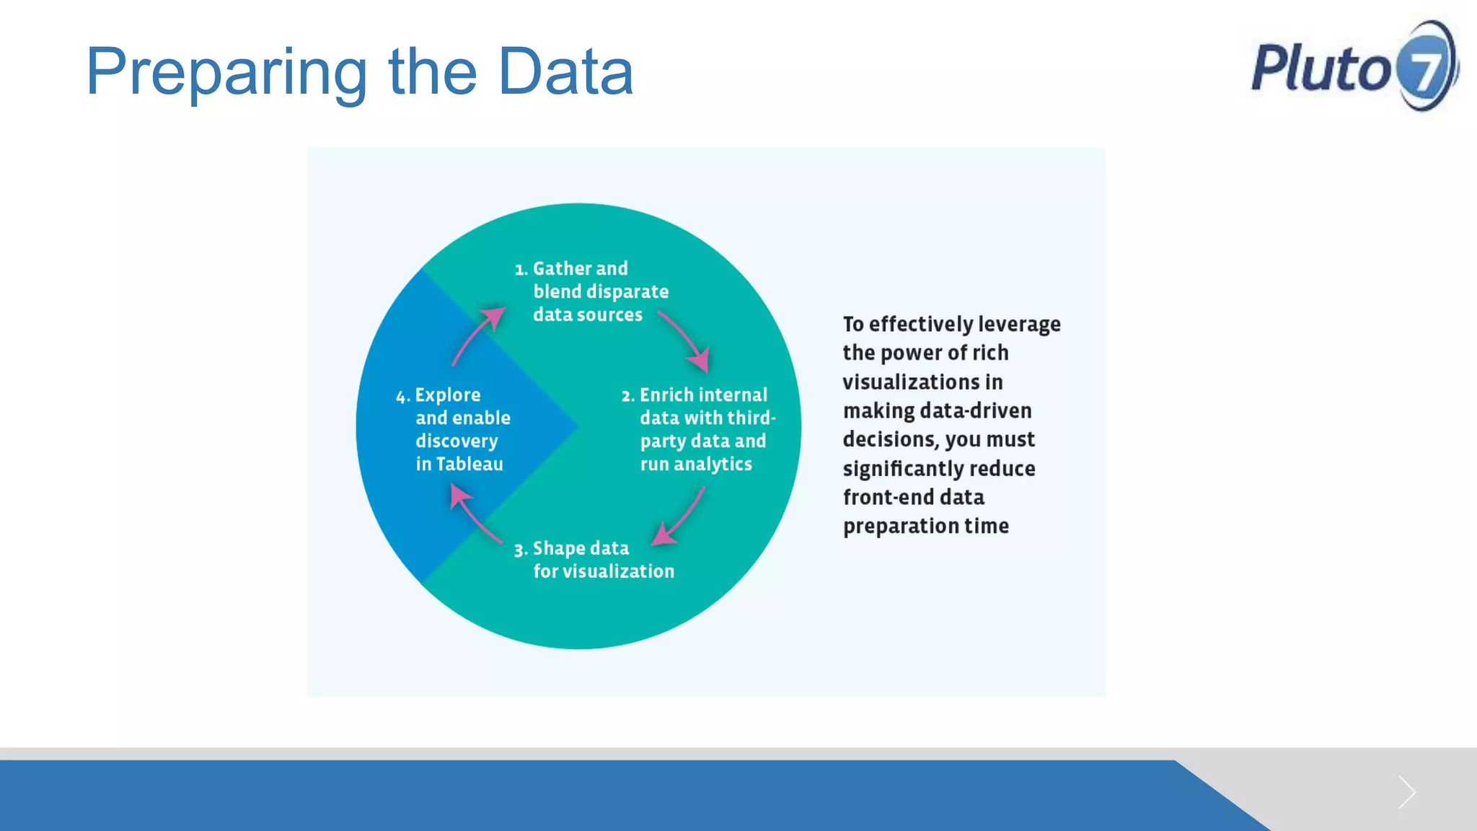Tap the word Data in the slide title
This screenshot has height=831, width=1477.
point(565,71)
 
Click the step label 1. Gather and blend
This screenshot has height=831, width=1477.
point(571,269)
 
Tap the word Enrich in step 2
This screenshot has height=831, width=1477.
point(666,395)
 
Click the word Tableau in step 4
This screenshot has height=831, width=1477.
point(469,464)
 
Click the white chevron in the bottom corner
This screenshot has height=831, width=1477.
point(1406,792)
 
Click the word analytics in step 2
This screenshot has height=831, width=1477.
point(713,465)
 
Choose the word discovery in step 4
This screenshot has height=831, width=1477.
point(457,441)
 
